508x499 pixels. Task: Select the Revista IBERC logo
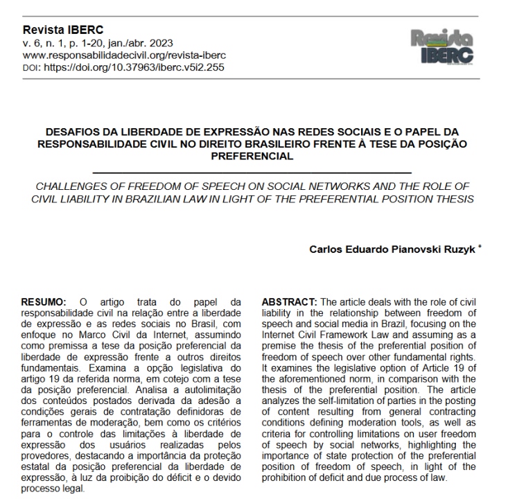coord(441,46)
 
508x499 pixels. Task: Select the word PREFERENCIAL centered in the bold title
coord(253,157)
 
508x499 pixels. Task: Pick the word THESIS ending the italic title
coord(453,200)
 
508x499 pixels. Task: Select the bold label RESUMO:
coord(44,302)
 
